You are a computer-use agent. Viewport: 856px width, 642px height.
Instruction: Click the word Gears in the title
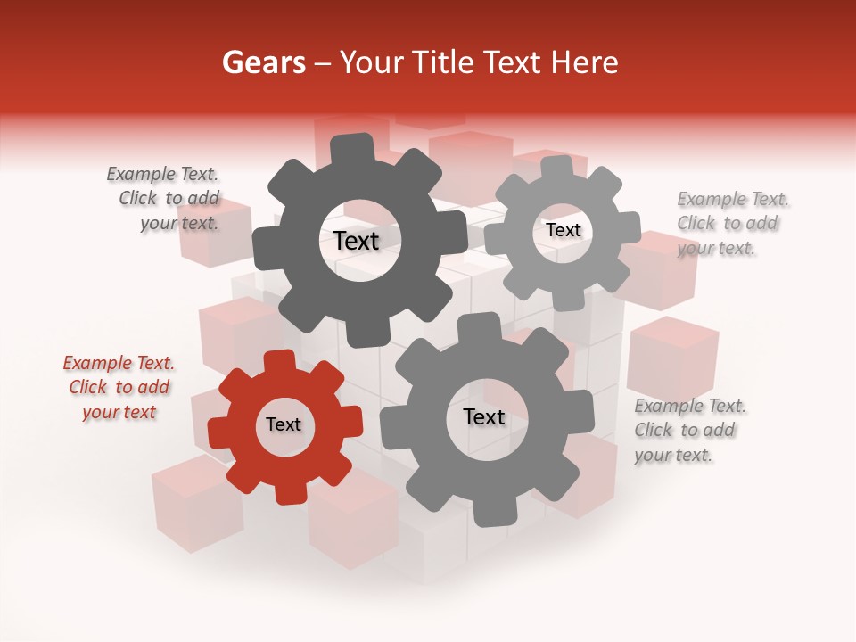[263, 62]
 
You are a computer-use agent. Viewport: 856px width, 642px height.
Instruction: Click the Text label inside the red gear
[284, 424]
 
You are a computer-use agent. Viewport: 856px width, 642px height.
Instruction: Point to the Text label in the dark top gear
[356, 241]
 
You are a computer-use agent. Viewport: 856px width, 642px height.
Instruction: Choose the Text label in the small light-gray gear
[564, 230]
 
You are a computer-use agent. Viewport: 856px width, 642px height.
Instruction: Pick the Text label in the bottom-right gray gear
[484, 416]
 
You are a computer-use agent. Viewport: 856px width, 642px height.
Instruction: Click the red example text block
[119, 387]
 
